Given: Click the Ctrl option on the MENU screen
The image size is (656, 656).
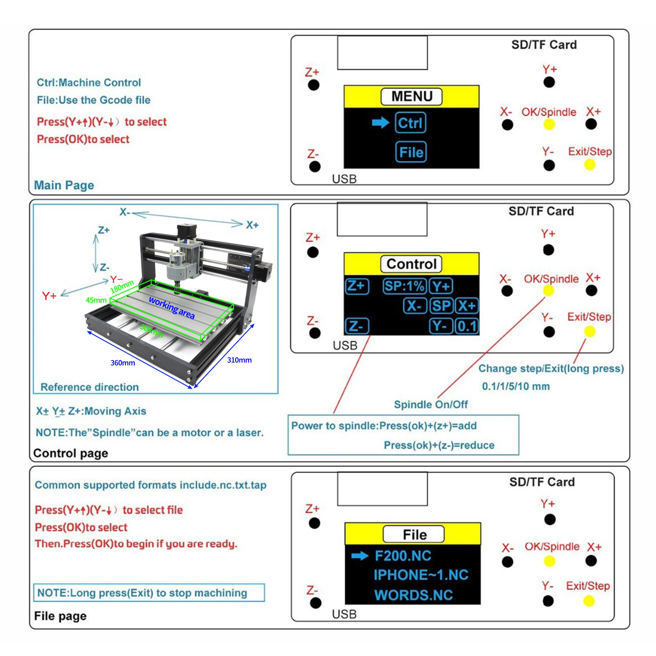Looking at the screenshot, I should [x=410, y=123].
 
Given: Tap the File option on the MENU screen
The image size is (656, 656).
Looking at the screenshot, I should [x=411, y=152].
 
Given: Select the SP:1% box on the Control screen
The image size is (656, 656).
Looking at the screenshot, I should [x=404, y=286].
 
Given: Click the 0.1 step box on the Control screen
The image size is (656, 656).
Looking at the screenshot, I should [x=467, y=326].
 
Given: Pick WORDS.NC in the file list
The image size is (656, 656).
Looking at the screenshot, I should [x=414, y=595].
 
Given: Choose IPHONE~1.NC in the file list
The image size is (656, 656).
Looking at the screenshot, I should [x=421, y=575].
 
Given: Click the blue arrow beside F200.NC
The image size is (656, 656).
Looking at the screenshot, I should [x=360, y=556].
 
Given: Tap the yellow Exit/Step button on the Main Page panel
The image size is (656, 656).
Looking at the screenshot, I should [x=590, y=165].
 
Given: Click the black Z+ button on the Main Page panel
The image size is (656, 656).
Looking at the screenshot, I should [x=313, y=85].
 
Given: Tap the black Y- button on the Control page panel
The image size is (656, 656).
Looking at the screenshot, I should [x=549, y=332].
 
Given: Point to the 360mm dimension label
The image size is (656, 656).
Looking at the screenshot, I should [x=123, y=363].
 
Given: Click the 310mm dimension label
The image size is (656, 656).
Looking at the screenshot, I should [x=239, y=360].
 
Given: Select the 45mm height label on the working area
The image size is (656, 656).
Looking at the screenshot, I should [x=96, y=300].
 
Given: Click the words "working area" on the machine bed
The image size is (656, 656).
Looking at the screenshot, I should [x=172, y=308].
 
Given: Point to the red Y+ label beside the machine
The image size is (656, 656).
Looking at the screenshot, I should [x=49, y=296].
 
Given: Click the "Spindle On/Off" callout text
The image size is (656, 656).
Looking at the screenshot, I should [x=431, y=404].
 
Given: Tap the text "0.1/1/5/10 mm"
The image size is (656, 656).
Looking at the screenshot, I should [x=515, y=386].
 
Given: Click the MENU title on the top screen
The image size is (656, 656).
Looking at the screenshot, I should [x=412, y=96].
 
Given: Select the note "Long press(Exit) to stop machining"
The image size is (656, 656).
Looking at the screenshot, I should [x=149, y=593].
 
